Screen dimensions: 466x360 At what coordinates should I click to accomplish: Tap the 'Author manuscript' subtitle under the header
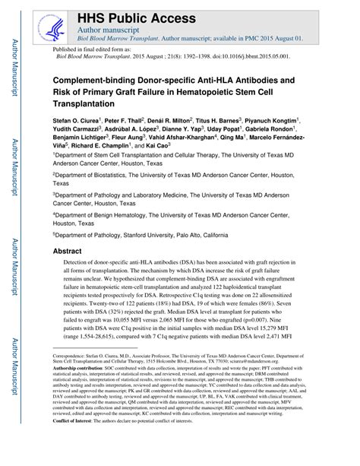[104, 27]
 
